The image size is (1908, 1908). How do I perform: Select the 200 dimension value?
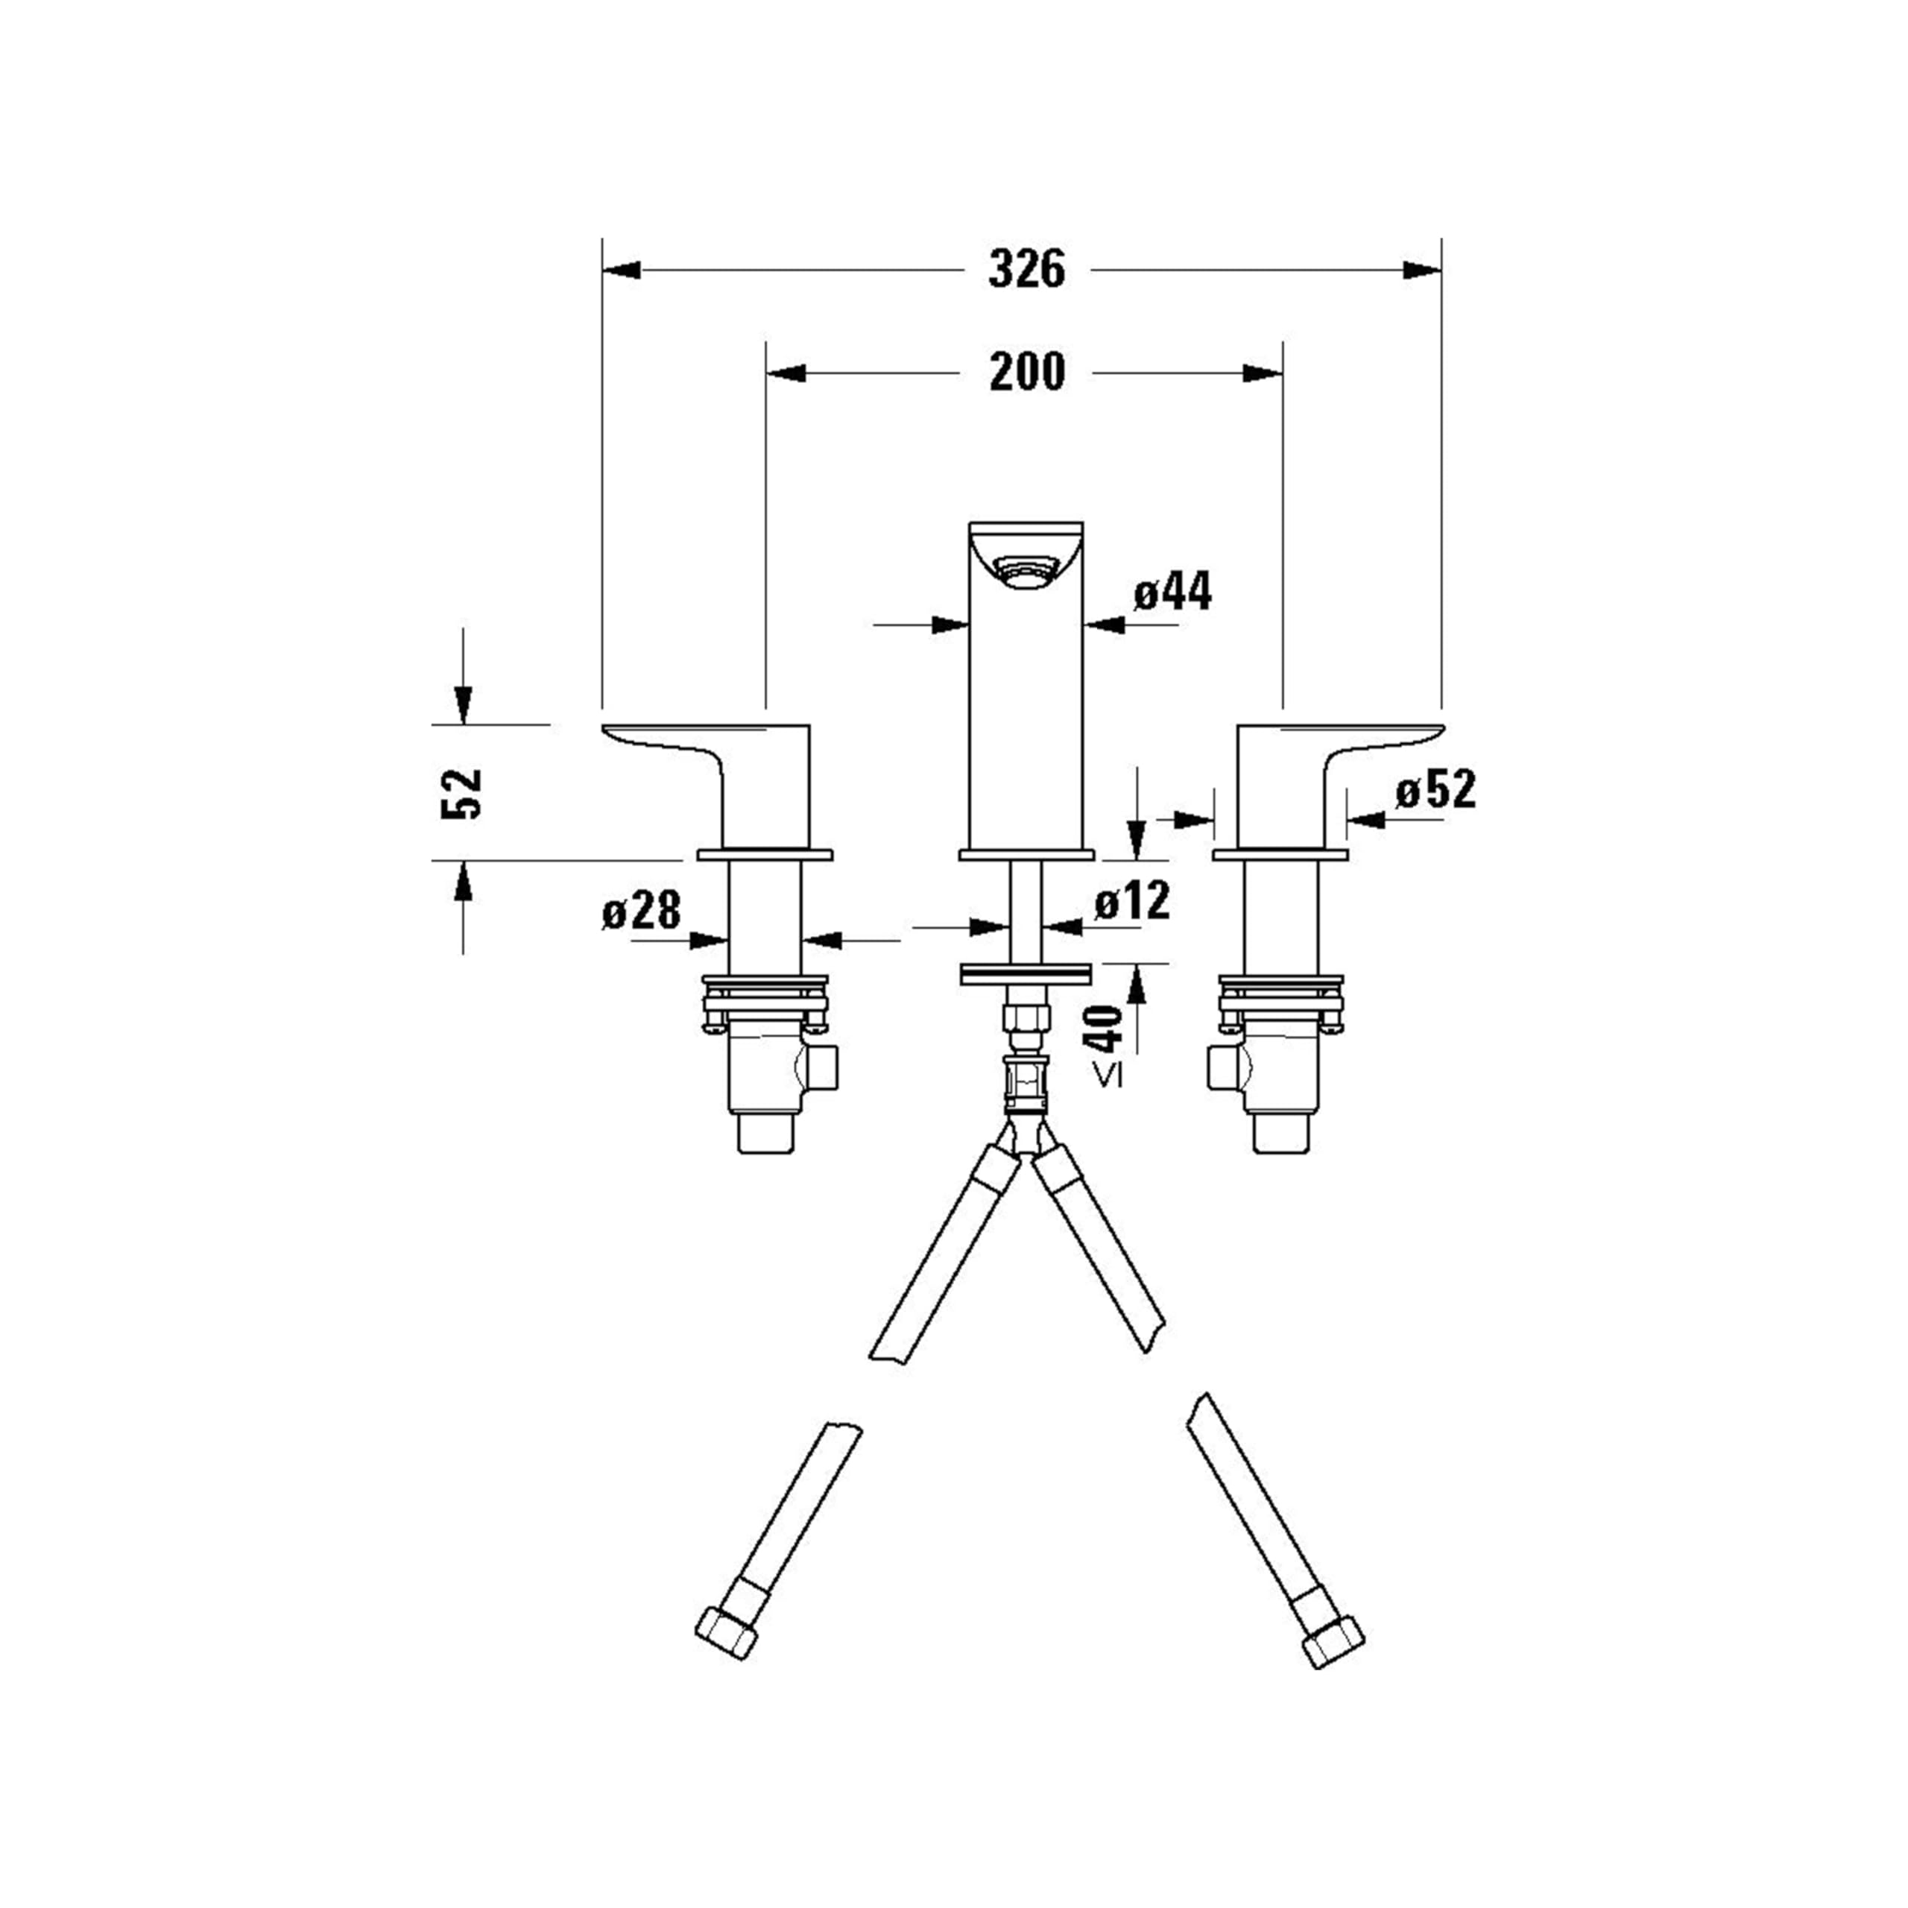[1027, 373]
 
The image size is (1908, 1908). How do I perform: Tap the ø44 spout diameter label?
[1172, 593]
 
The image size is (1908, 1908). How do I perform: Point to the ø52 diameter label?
[1436, 790]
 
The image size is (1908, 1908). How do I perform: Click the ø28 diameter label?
[642, 909]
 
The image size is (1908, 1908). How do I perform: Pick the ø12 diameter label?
[1132, 900]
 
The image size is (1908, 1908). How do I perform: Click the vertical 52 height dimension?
[461, 793]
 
